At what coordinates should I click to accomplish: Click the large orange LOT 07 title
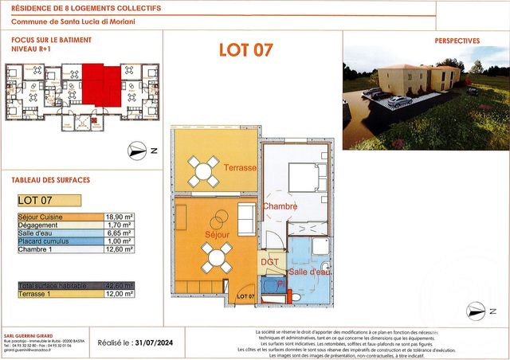246,49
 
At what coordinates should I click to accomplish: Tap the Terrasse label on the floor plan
240,168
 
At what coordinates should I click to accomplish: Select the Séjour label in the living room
216,235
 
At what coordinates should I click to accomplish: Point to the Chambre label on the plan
280,207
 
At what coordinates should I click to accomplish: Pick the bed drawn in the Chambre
308,177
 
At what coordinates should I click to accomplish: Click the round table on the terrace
203,170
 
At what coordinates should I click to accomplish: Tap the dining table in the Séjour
216,256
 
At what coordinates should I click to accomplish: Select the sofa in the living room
246,219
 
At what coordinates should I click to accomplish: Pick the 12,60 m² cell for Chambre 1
118,248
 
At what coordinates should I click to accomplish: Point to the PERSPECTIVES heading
457,40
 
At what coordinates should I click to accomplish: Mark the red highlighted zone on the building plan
100,83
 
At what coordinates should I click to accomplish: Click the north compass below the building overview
137,149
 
